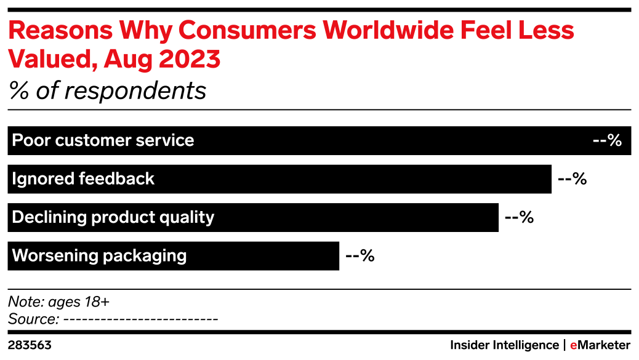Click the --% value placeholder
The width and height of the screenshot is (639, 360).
tap(606, 141)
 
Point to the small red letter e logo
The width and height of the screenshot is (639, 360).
tap(573, 346)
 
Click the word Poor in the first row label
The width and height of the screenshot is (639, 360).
tap(31, 141)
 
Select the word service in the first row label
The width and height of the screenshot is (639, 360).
tap(168, 141)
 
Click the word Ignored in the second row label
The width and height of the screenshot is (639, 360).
tap(43, 179)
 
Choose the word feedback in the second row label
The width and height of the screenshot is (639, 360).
tap(117, 179)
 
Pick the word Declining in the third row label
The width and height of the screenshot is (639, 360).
tap(48, 217)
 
